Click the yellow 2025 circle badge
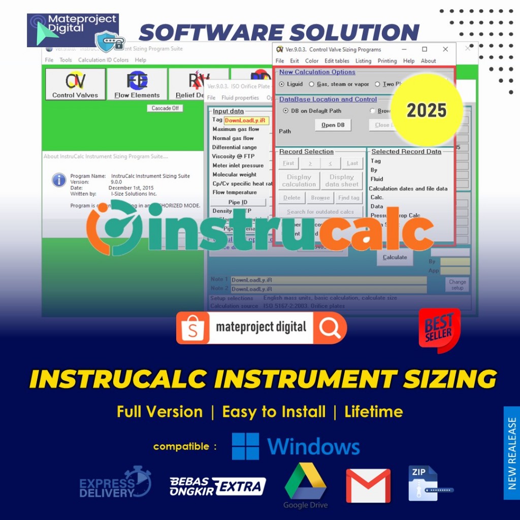pyautogui.click(x=427, y=110)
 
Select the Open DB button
pyautogui.click(x=333, y=125)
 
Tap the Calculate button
pyautogui.click(x=395, y=257)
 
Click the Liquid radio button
pyautogui.click(x=282, y=84)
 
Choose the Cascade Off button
pyautogui.click(x=165, y=108)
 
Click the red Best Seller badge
pyautogui.click(x=439, y=330)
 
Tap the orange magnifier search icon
pyautogui.click(x=331, y=328)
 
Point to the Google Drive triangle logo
pyautogui.click(x=305, y=481)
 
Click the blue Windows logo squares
pyautogui.click(x=245, y=446)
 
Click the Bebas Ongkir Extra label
pyautogui.click(x=218, y=486)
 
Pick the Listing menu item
pyautogui.click(x=363, y=61)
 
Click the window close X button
pyautogui.click(x=445, y=49)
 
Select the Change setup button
pyautogui.click(x=457, y=284)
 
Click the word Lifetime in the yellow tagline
pyautogui.click(x=374, y=411)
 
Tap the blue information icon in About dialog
pyautogui.click(x=59, y=180)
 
